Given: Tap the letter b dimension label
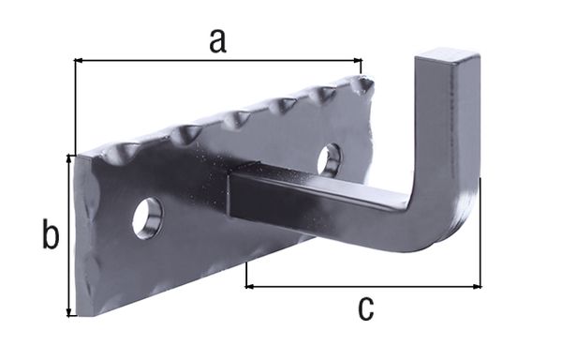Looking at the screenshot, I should coord(50,234).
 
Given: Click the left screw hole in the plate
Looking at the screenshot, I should coord(147,217).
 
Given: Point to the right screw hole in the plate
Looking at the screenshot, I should coord(329,159).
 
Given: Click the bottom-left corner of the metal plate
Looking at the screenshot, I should coord(80,313).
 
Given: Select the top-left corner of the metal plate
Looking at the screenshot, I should coord(77,154).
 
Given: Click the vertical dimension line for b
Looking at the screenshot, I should coord(68,234).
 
